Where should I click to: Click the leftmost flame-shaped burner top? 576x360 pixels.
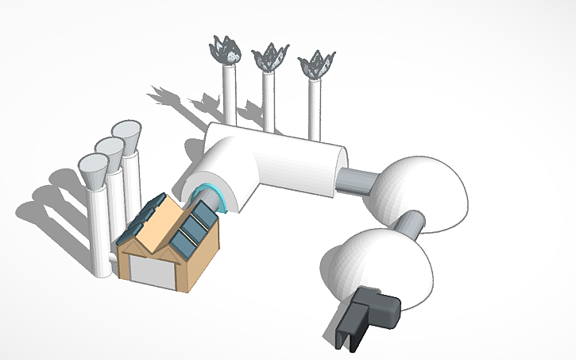pyautogui.click(x=226, y=51)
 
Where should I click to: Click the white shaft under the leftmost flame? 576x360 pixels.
pyautogui.click(x=229, y=95)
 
